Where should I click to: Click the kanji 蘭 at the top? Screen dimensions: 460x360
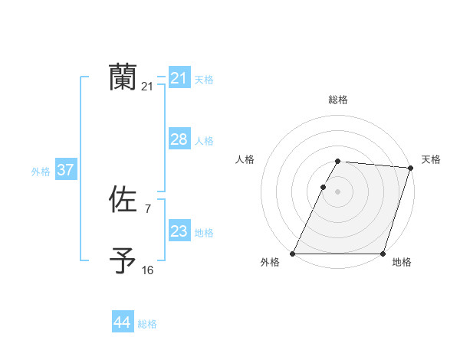(x=123, y=77)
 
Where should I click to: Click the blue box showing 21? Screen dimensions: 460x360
(x=179, y=78)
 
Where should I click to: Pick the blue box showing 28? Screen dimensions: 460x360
(x=179, y=139)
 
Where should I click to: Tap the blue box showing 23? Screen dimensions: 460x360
(x=179, y=231)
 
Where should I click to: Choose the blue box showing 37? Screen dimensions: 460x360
(x=66, y=170)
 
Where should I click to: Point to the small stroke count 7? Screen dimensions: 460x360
(x=147, y=208)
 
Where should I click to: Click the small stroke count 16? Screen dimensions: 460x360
(x=147, y=270)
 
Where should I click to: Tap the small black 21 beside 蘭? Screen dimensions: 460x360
(x=147, y=87)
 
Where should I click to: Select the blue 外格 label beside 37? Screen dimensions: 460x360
(x=41, y=172)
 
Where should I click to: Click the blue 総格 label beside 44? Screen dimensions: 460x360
(x=147, y=324)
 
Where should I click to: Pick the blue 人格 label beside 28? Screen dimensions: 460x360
(x=204, y=141)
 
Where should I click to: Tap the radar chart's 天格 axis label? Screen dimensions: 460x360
(x=431, y=159)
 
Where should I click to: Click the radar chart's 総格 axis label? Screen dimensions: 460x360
(x=338, y=100)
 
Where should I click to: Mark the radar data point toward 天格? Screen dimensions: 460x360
(x=411, y=168)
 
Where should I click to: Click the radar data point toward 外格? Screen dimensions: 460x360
(x=293, y=254)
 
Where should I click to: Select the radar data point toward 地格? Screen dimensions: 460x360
(x=383, y=254)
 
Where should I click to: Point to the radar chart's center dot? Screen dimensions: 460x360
(x=338, y=191)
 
